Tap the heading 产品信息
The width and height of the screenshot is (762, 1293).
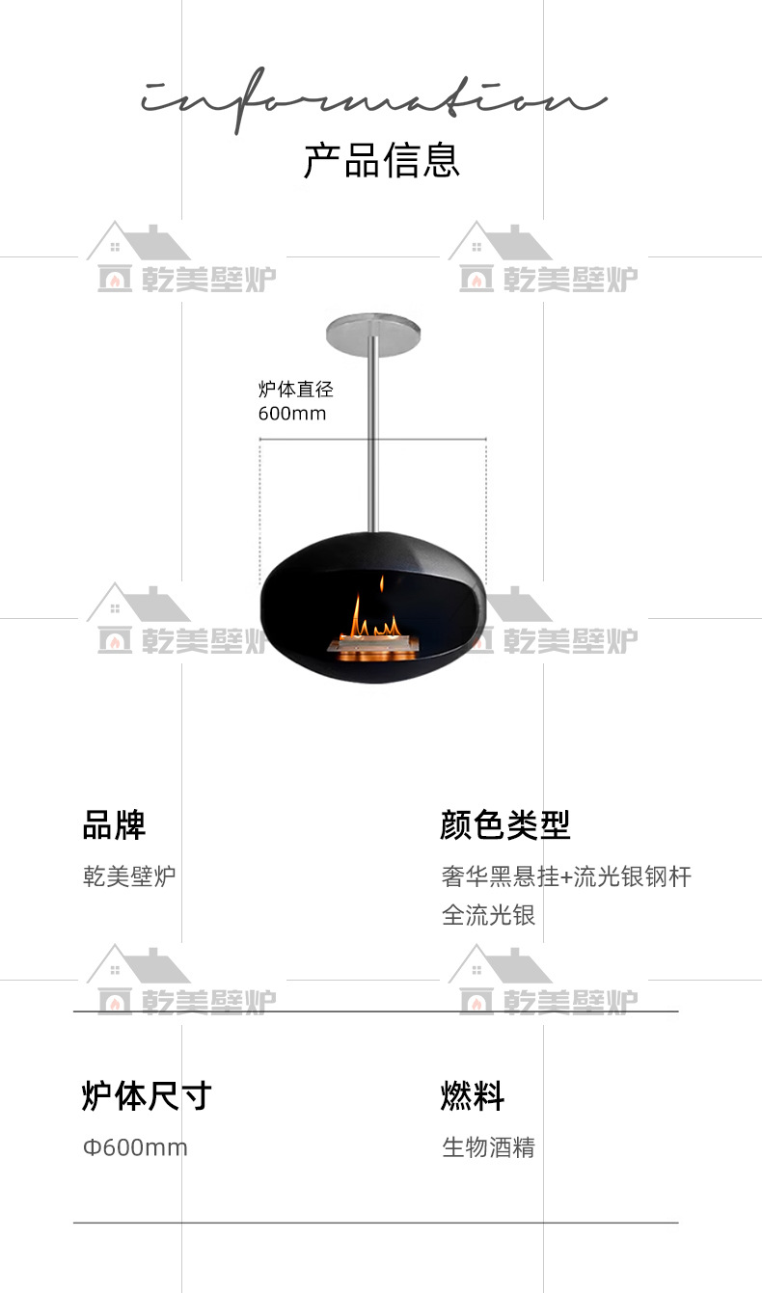pos(382,160)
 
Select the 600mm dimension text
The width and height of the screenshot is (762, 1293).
pos(292,414)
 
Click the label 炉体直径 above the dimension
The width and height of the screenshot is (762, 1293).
pos(295,390)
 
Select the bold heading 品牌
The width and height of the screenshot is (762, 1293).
pos(114,825)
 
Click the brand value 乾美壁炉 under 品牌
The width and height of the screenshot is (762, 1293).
pos(129,876)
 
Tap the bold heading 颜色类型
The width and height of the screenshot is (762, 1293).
pos(505,825)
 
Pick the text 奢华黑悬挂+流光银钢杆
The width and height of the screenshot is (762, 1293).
pos(566,876)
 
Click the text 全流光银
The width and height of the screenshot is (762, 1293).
pos(488,914)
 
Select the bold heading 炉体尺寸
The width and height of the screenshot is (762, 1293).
pos(147,1096)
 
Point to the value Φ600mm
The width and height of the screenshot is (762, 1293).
pos(135,1147)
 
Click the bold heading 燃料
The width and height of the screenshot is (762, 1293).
pos(473,1096)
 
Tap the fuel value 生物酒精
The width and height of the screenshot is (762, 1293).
pos(488,1147)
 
